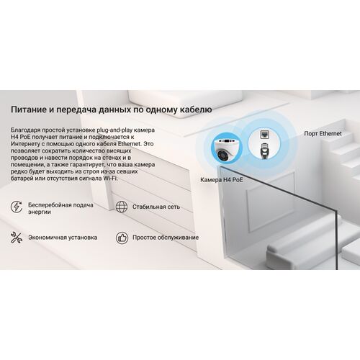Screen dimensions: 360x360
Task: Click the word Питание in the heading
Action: (x=30, y=109)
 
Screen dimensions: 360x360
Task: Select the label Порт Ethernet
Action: (x=323, y=134)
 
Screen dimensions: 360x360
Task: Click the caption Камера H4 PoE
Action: (x=222, y=180)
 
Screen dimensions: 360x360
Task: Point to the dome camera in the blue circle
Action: (x=226, y=149)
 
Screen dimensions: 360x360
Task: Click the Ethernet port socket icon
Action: (x=264, y=135)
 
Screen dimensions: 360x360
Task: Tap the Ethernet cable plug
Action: (x=264, y=150)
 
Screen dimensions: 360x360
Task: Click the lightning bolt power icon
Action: (x=17, y=207)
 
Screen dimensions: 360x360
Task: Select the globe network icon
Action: (x=122, y=207)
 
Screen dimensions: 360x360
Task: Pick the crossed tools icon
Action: (x=17, y=238)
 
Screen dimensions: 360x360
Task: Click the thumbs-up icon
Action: (x=122, y=238)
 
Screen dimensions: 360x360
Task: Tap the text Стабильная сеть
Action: (x=156, y=207)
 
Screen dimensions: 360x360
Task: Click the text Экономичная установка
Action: (x=63, y=238)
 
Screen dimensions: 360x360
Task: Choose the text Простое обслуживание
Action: (x=166, y=238)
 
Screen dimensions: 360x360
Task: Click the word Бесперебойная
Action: (x=50, y=205)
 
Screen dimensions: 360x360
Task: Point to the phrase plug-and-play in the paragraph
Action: (x=114, y=130)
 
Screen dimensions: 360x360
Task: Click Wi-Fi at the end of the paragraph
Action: (x=110, y=179)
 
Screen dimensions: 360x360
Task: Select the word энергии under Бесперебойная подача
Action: (x=40, y=212)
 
